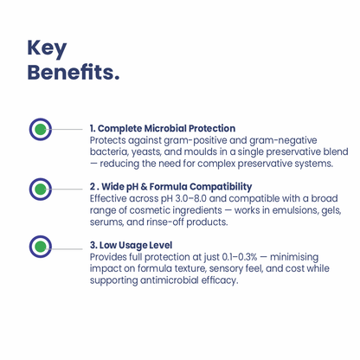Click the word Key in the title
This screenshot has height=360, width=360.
click(x=47, y=48)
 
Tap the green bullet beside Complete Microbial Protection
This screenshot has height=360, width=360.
click(x=41, y=129)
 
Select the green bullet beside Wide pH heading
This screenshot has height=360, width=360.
click(x=41, y=190)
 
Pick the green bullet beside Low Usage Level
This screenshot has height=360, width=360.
click(x=41, y=247)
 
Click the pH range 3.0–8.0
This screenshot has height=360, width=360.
click(x=190, y=198)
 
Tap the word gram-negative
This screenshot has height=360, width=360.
click(x=283, y=141)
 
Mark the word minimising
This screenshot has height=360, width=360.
click(x=294, y=257)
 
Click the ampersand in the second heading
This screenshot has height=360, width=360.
click(x=144, y=187)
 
